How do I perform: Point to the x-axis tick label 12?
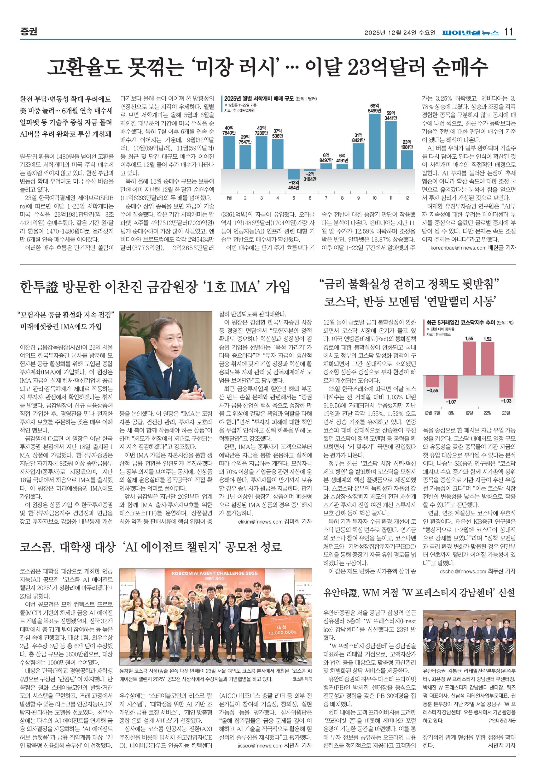(407, 198)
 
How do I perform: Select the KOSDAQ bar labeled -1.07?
(451, 386)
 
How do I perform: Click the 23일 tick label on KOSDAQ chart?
(506, 413)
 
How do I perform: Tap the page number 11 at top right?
(509, 32)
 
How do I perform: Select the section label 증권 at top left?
(28, 32)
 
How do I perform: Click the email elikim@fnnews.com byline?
(260, 522)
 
